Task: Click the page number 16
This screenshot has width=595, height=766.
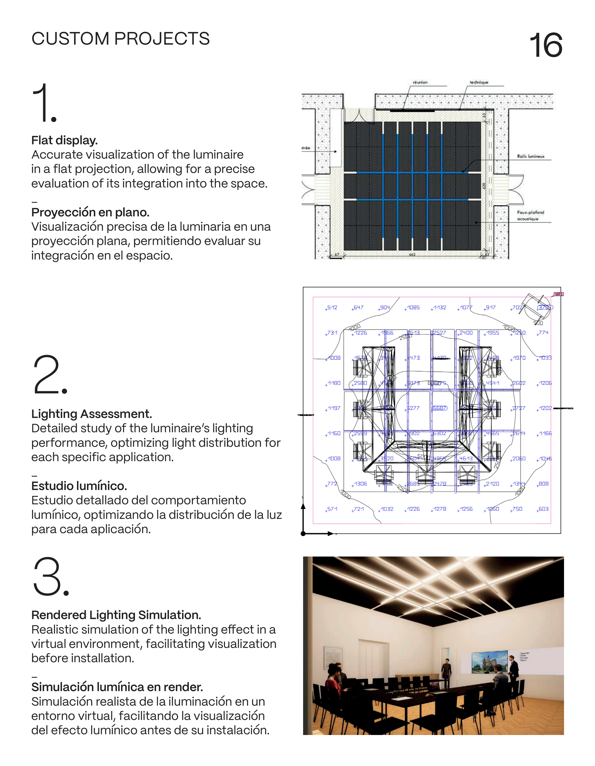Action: [546, 45]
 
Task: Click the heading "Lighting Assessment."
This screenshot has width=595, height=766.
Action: [92, 414]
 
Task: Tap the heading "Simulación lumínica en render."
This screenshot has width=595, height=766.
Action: [117, 687]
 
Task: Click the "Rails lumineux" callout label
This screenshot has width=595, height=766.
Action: [530, 156]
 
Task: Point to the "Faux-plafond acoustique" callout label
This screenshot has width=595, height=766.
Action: [530, 215]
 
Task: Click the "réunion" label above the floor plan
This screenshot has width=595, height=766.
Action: [420, 83]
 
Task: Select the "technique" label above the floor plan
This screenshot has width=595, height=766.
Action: [479, 83]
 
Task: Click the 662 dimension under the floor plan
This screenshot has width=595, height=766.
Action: [412, 254]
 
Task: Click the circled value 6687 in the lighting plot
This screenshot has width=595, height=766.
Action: [440, 408]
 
